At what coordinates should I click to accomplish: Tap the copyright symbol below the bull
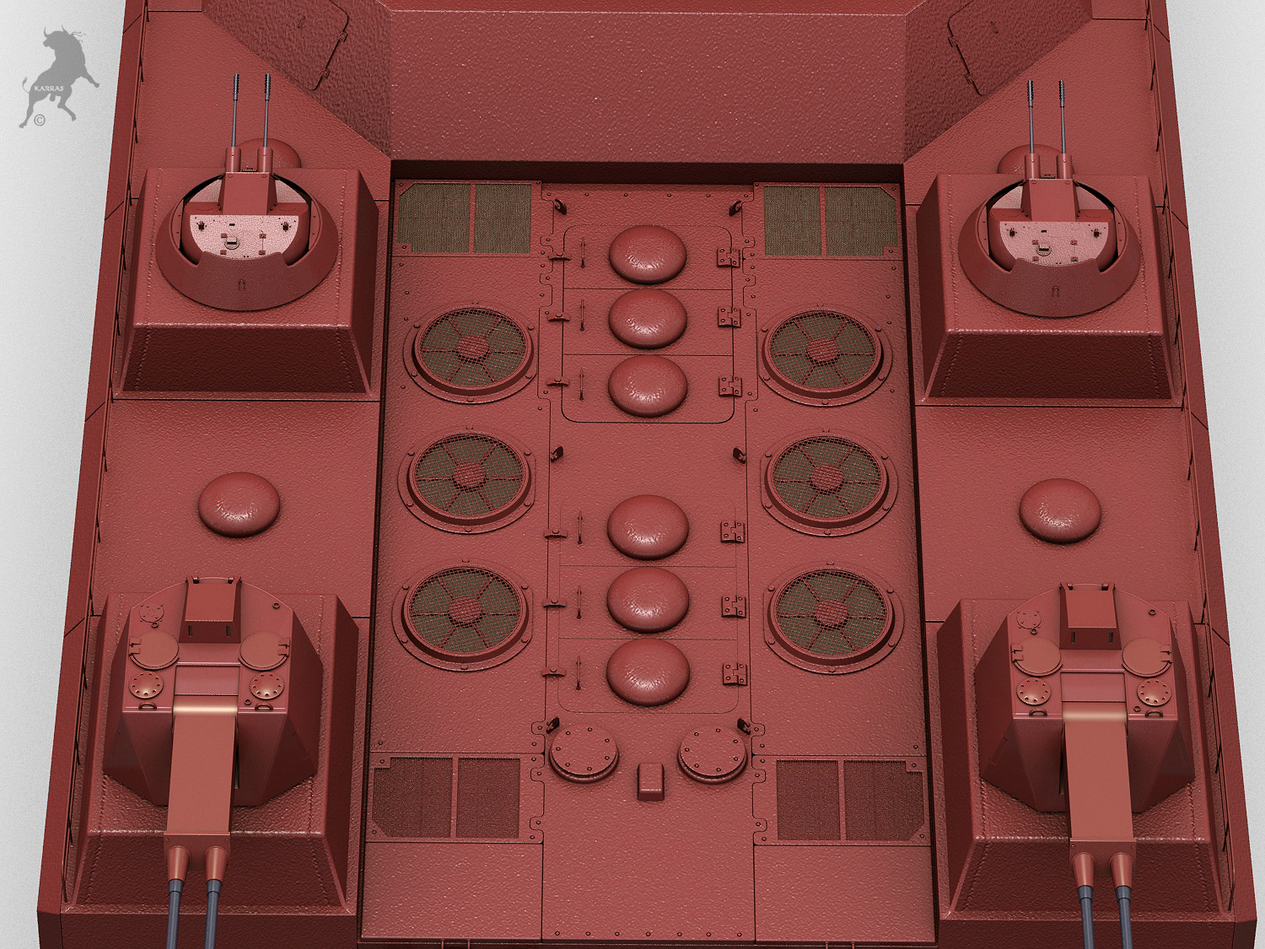[40, 121]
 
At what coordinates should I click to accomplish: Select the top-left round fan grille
[474, 349]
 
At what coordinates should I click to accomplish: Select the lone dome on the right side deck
[1059, 509]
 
